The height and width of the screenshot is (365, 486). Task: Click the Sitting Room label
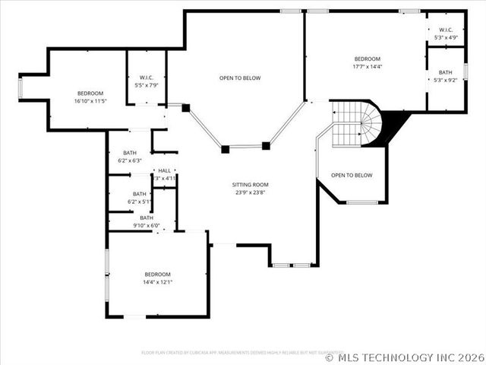tap(251, 185)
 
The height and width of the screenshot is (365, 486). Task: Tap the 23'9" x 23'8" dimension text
tap(251, 192)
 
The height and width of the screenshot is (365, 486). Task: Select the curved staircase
tap(357, 125)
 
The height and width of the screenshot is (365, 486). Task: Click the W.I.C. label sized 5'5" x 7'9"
tap(147, 78)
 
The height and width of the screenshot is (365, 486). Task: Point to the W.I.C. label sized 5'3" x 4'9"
tap(445, 30)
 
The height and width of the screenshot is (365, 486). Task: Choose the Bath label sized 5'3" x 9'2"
tap(445, 72)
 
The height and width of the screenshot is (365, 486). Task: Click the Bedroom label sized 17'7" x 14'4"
tap(367, 59)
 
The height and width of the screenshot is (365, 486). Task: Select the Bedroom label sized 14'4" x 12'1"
tap(158, 274)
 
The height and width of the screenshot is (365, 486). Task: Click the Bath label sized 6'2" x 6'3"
tap(130, 152)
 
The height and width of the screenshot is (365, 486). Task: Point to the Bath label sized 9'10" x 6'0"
tap(146, 218)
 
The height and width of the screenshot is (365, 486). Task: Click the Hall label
tap(164, 170)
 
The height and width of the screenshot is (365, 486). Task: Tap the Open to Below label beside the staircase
tap(352, 176)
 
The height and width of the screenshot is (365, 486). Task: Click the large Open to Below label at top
tap(240, 78)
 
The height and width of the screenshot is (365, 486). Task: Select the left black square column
tap(226, 149)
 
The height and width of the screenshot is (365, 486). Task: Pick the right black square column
tap(266, 145)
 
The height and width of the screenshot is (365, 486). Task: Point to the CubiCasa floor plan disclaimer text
tap(238, 353)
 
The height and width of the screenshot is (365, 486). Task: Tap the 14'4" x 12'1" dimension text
tap(158, 282)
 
